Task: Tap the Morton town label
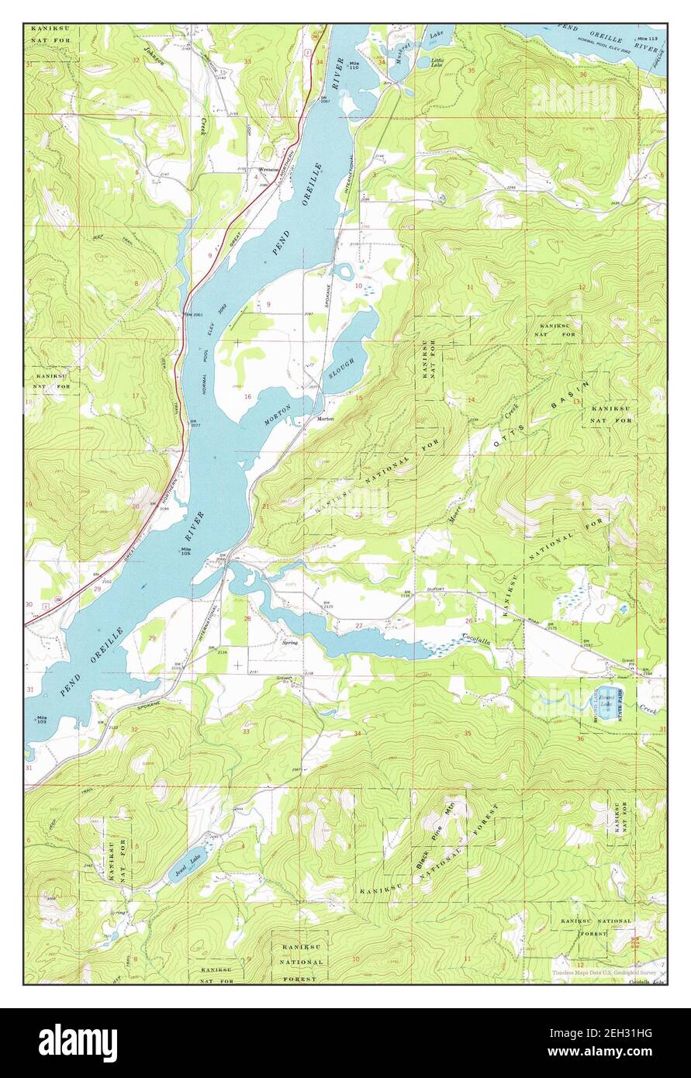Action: click(x=325, y=418)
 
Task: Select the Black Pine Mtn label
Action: click(x=438, y=832)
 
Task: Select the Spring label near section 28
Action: click(x=290, y=642)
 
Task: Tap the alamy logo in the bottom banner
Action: click(x=78, y=1042)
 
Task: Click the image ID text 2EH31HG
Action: click(x=610, y=1035)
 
